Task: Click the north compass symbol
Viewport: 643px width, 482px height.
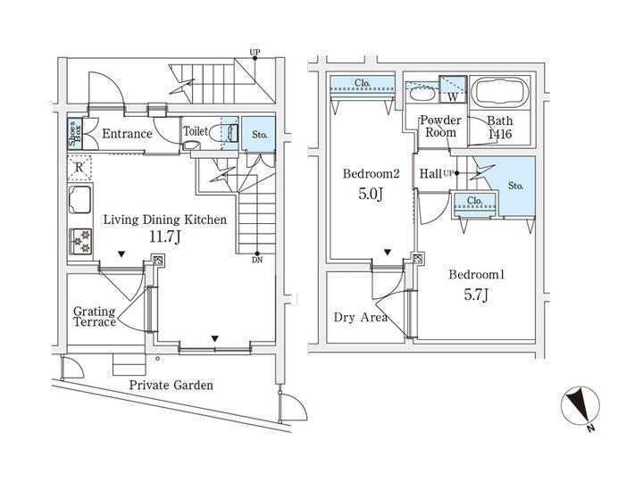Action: (580, 408)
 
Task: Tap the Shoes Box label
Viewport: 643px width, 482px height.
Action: (76, 133)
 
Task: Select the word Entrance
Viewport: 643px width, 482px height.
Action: (126, 134)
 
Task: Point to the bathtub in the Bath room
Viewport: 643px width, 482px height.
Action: (499, 93)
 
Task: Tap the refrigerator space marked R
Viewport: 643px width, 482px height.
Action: (79, 167)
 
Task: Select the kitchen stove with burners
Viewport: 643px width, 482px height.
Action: (81, 240)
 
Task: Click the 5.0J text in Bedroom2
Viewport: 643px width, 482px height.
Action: (366, 195)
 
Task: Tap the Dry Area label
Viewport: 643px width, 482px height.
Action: (360, 317)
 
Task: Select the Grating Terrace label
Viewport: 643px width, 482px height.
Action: (95, 317)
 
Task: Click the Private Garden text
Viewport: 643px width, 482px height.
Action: (171, 386)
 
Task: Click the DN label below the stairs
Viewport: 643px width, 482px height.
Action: (257, 262)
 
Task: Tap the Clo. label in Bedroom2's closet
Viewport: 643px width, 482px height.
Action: (362, 85)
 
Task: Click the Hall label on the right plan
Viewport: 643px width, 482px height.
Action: (431, 175)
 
